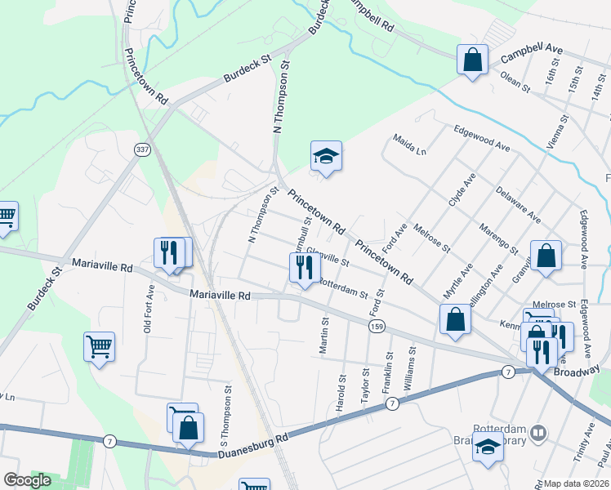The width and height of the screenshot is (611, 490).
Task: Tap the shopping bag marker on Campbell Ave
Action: pyautogui.click(x=472, y=60)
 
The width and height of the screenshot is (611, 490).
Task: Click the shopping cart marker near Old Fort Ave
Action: pyautogui.click(x=99, y=346)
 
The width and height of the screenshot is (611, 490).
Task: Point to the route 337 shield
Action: pyautogui.click(x=143, y=149)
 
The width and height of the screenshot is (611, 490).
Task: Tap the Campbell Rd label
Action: pyautogui.click(x=372, y=16)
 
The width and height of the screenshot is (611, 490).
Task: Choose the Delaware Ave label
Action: pyautogui.click(x=518, y=204)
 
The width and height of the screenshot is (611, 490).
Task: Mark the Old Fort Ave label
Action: pyautogui.click(x=149, y=309)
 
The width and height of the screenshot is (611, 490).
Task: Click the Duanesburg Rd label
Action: pyautogui.click(x=252, y=450)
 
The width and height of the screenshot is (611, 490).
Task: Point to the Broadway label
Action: pyautogui.click(x=577, y=371)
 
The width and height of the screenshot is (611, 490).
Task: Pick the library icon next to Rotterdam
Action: pyautogui.click(x=537, y=433)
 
